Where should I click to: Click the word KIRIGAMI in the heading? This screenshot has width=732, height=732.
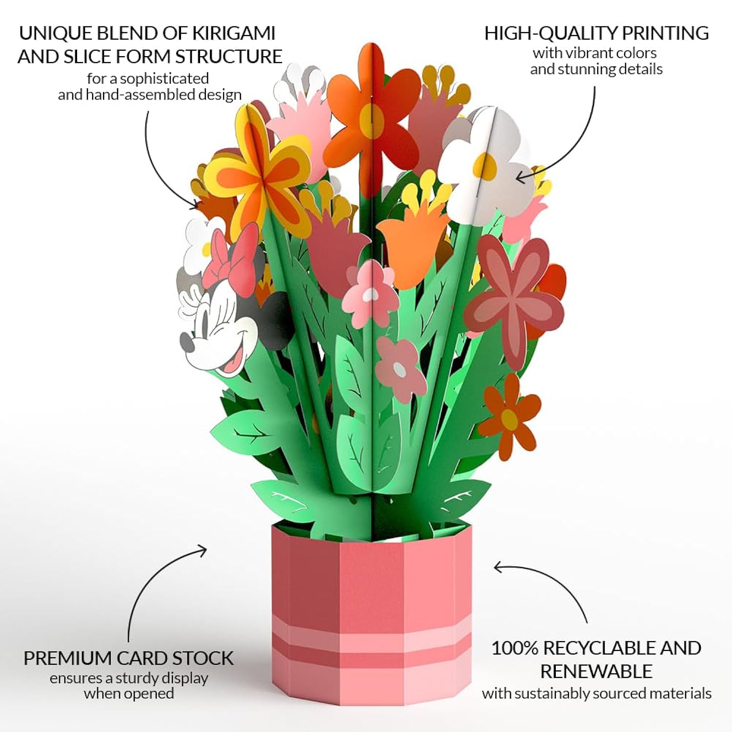233,33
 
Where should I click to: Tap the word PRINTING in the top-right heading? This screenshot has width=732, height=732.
665,33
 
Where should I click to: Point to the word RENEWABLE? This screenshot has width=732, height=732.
596,671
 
